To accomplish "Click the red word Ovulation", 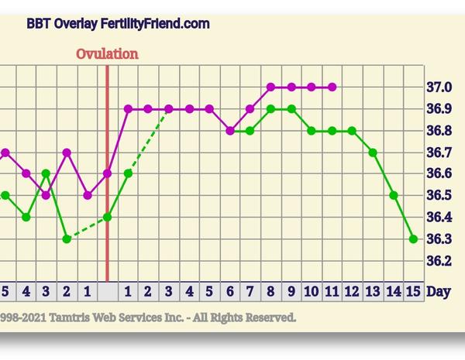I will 107,53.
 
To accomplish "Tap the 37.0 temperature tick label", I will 440,87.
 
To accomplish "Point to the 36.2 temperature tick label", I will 440,260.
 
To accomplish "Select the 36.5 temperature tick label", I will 440,195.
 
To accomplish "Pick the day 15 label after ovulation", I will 413,291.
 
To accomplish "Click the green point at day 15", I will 413,239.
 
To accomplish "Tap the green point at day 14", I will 393,196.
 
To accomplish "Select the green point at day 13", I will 373,153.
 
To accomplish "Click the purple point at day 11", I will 332,87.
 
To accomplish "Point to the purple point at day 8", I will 270,87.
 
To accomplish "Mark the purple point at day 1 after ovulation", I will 128,109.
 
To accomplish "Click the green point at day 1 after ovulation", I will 128,173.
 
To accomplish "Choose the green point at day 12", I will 352,131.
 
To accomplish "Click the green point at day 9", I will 291,109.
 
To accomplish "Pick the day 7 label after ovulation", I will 250,291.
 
